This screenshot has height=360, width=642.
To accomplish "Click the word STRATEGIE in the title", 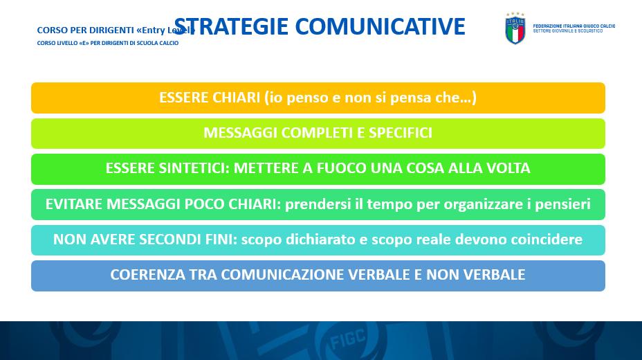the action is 231,27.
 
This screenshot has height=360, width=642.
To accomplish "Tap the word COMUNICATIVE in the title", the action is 380,27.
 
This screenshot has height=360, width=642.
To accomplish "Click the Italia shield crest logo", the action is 515,28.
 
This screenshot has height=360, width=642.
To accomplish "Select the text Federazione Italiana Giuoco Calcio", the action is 574,26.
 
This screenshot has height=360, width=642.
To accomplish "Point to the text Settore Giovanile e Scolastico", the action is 567,30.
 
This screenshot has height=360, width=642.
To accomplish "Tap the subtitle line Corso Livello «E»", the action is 108,43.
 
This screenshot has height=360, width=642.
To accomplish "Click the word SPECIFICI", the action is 401,133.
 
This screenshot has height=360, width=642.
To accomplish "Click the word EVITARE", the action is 74,204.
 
